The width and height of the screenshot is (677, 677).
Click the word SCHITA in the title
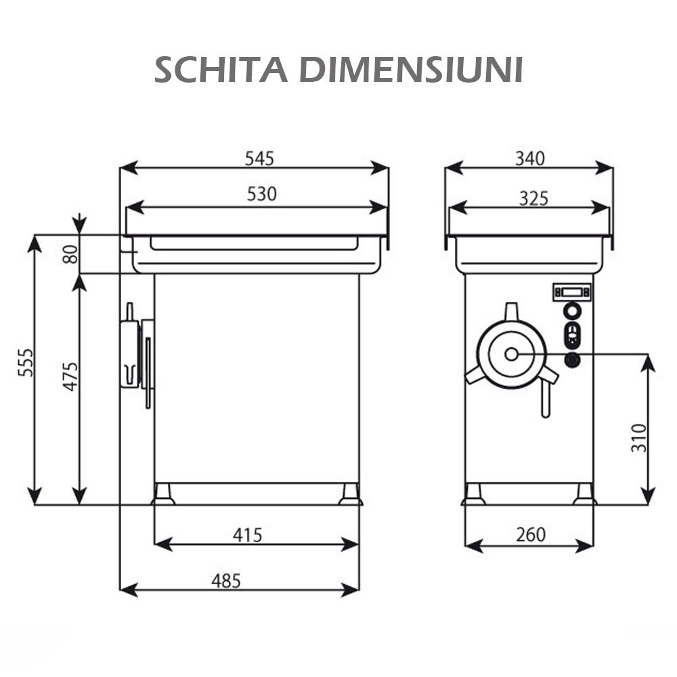point(222,70)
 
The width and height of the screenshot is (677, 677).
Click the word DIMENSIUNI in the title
point(411,70)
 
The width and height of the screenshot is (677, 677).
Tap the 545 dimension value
point(259,158)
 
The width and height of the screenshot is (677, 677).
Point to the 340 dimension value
point(529,158)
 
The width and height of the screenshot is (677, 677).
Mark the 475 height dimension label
point(70,376)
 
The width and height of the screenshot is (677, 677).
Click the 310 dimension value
point(638,437)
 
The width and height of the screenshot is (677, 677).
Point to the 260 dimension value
point(530,536)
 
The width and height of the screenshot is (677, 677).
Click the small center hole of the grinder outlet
point(511,354)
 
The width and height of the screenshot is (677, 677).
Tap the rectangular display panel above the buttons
point(571,292)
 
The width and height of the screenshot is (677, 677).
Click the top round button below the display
point(572,310)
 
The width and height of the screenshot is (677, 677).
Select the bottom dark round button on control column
point(572,360)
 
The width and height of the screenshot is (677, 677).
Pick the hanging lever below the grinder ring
point(545,401)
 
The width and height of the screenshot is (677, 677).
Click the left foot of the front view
point(163,494)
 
